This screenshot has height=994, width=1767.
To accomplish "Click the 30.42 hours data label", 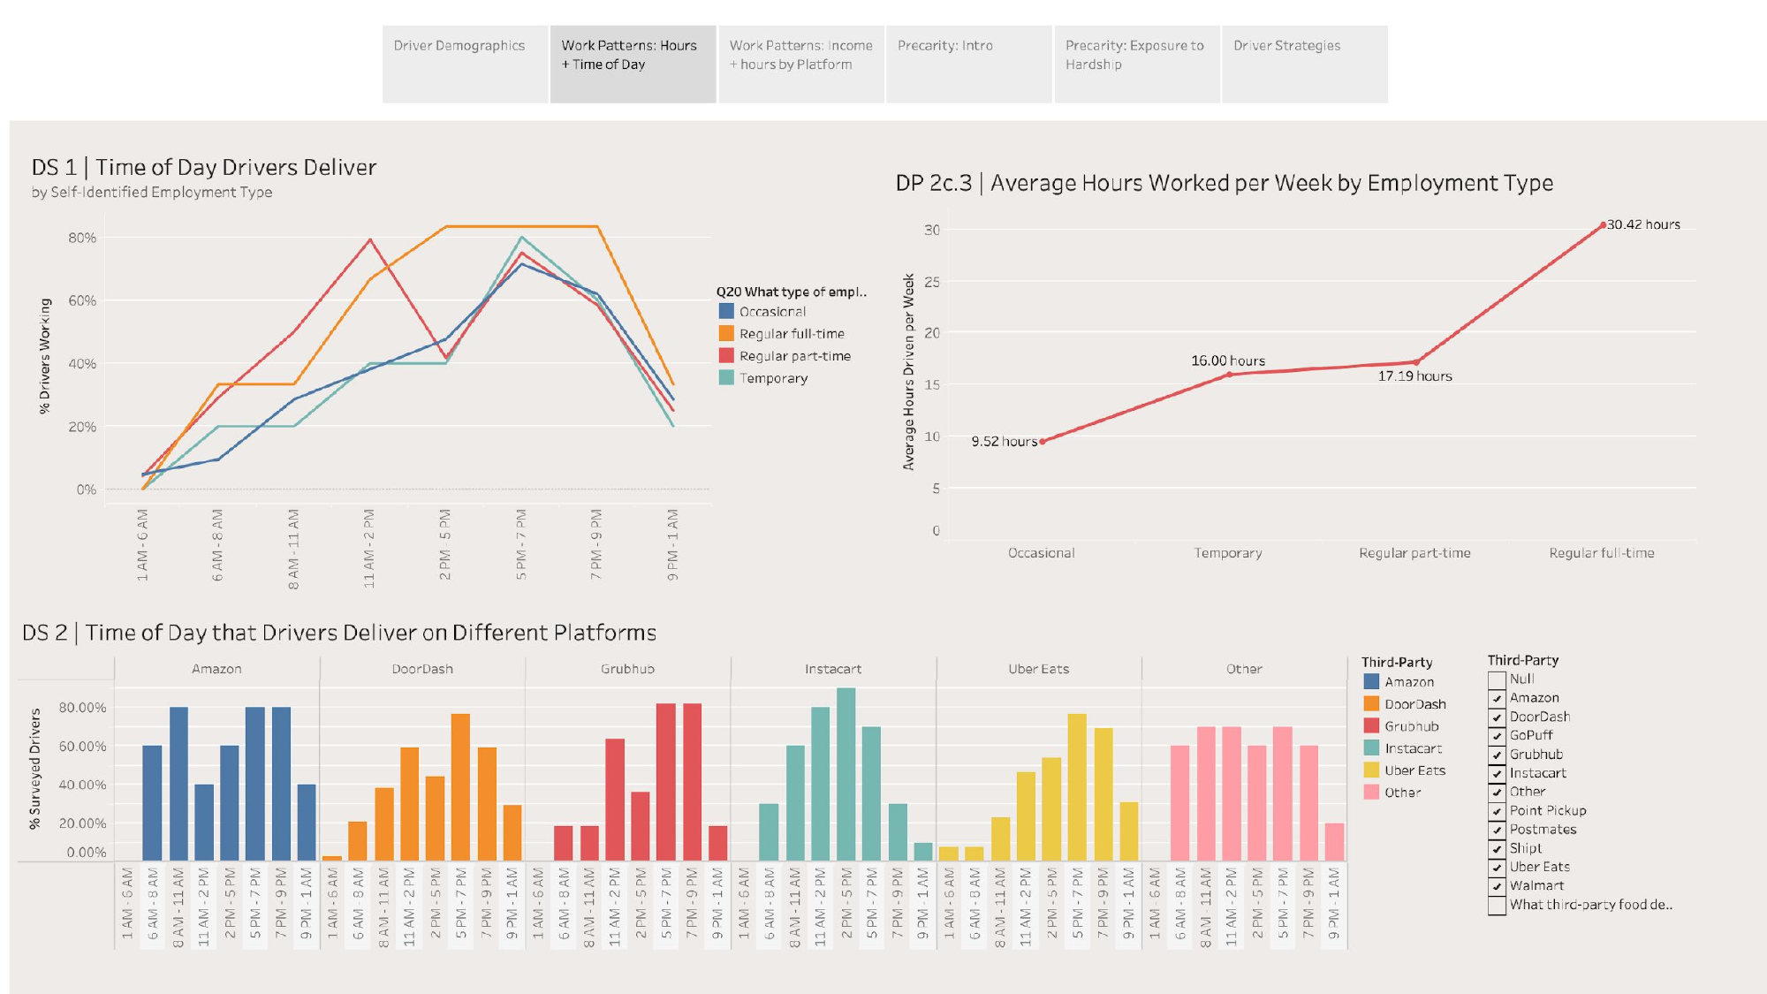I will tap(1642, 224).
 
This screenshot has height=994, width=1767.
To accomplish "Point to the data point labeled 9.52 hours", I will tap(1043, 441).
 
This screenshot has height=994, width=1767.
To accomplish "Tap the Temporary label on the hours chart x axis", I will tap(1228, 553).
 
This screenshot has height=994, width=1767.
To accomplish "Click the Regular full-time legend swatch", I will tap(726, 333).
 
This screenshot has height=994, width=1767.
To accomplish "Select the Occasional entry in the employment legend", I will tap(772, 311).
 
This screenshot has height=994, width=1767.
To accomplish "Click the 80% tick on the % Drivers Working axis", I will tap(82, 238).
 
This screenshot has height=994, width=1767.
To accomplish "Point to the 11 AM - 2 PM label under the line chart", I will tap(369, 548).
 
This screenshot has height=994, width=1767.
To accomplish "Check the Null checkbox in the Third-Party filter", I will tap(1497, 679).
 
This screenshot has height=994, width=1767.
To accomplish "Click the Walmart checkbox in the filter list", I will tap(1497, 886).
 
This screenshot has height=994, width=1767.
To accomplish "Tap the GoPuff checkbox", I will tap(1497, 736).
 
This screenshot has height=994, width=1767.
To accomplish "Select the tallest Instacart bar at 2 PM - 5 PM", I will tap(846, 774).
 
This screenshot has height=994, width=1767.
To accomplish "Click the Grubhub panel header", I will tap(627, 669).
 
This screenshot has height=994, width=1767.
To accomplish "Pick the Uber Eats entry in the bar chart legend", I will tap(1414, 770).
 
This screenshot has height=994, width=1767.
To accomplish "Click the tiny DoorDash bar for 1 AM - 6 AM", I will tap(332, 857).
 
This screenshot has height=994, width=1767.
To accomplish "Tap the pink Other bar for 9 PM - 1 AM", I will tap(1334, 841).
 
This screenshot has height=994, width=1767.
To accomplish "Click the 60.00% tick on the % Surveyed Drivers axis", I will tap(82, 747).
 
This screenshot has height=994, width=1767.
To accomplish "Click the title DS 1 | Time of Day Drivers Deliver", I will tap(204, 167).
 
